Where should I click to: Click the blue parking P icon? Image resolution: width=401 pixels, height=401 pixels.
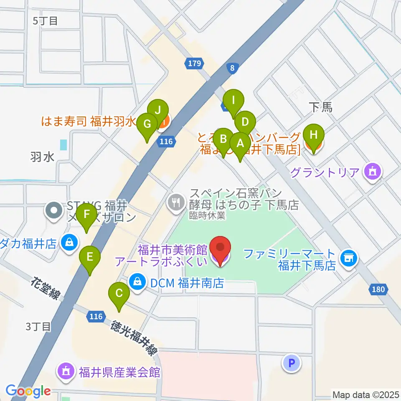click(292, 363)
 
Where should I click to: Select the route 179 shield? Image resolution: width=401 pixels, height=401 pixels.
click(195, 63)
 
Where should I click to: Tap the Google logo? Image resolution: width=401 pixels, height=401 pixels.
click(28, 391)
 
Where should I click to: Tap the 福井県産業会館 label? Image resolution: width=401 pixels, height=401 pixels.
click(119, 371)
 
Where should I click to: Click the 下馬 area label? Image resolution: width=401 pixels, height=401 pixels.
click(321, 108)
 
